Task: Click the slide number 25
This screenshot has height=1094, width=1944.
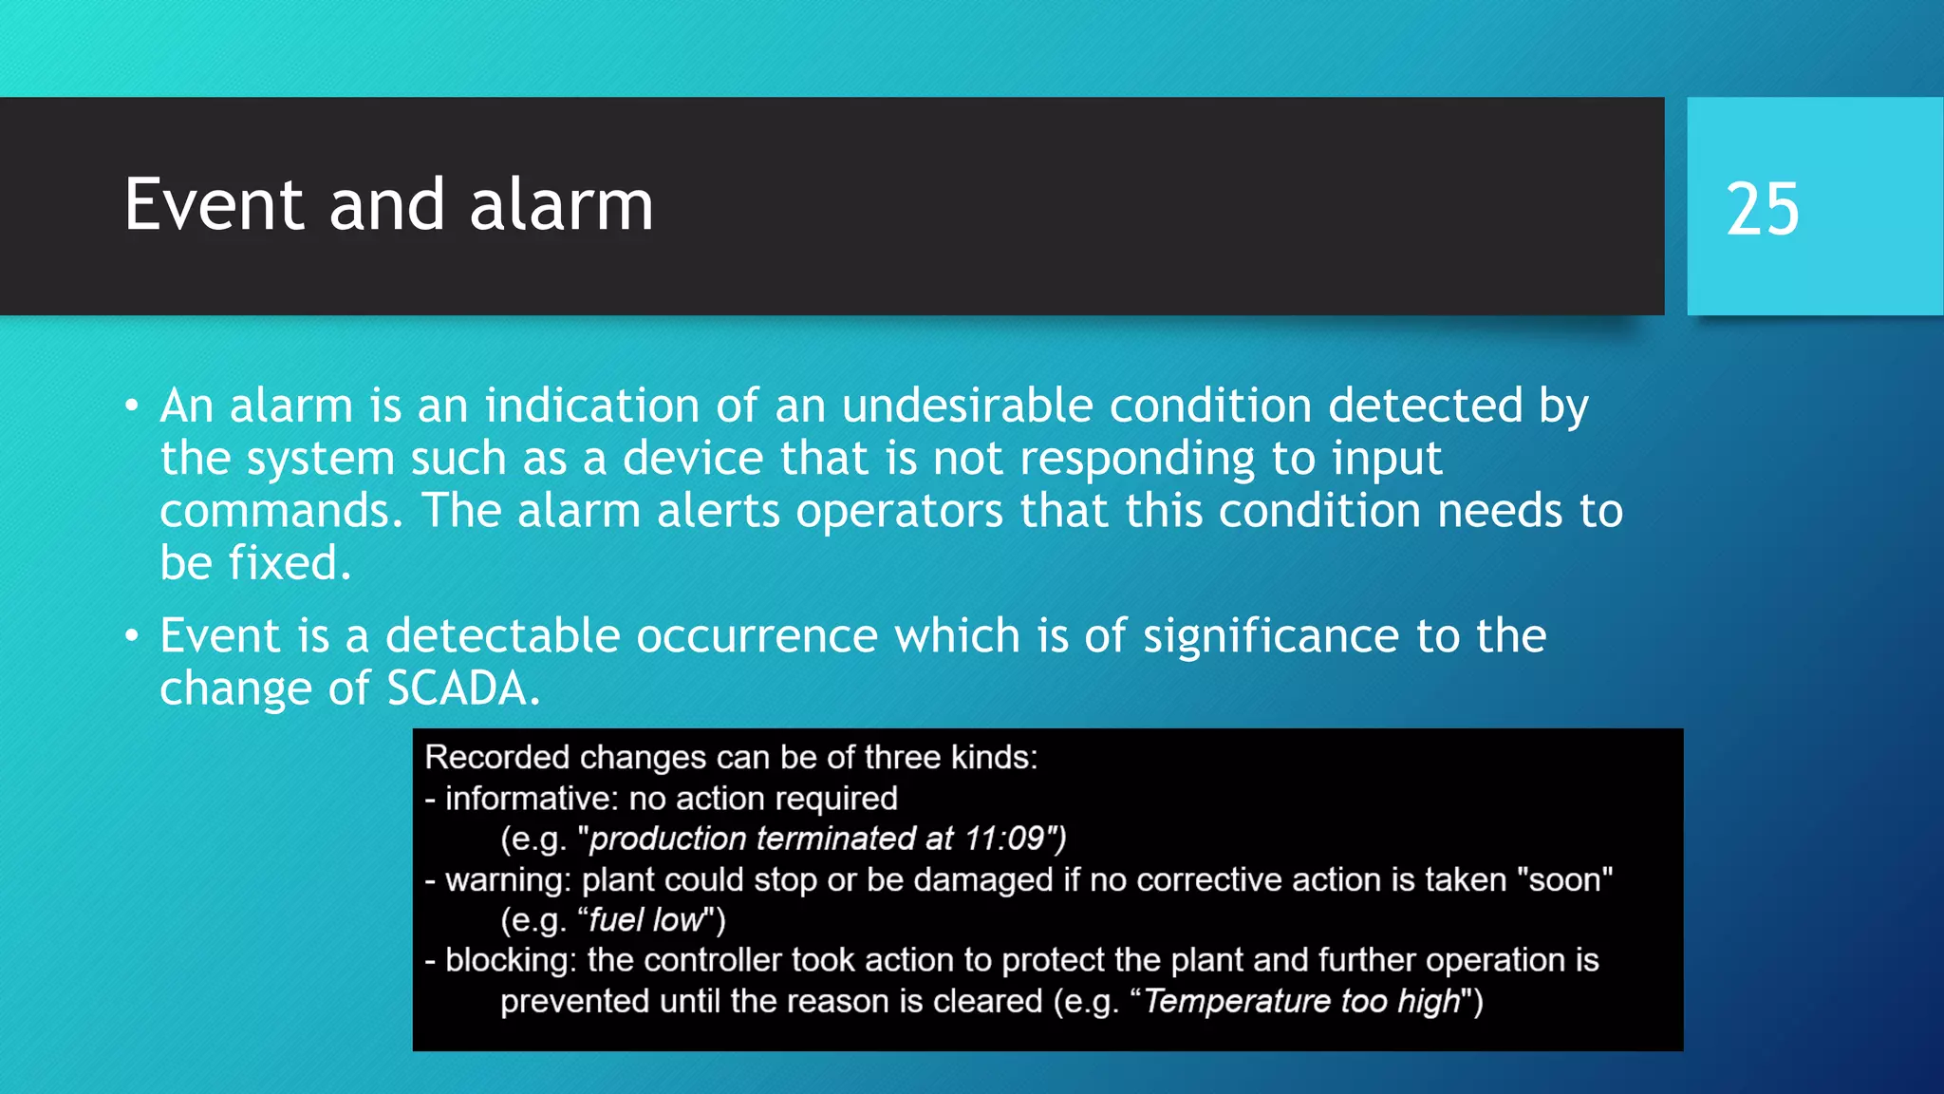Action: tap(1762, 209)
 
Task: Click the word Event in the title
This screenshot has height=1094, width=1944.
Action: tap(215, 205)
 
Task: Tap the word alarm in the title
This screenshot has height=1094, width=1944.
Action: tap(561, 205)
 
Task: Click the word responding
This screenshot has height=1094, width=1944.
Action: tap(1137, 460)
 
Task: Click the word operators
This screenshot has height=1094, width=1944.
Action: tap(899, 511)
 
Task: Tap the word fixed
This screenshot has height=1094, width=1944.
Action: tap(289, 563)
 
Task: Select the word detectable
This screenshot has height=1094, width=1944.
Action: tap(502, 635)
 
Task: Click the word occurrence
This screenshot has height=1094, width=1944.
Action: tap(757, 635)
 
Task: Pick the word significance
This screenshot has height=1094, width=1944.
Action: tap(1271, 635)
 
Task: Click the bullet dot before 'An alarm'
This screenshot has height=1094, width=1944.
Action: tap(132, 406)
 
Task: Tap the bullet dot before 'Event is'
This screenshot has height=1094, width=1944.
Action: tap(132, 635)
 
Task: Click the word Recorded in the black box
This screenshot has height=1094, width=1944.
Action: tap(496, 758)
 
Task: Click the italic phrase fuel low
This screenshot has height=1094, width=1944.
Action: tap(645, 920)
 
